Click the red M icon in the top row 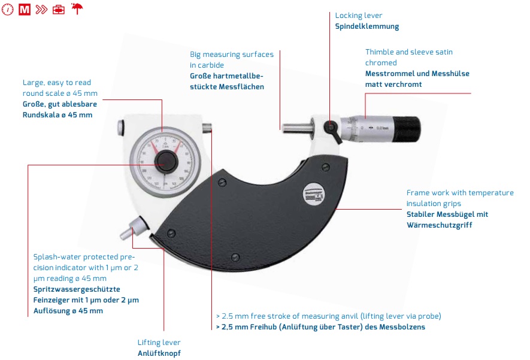[25, 10]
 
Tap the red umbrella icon [77, 9]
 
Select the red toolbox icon [59, 10]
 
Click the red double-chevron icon [41, 10]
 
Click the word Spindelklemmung [367, 26]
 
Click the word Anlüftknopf [159, 353]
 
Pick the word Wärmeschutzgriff [439, 225]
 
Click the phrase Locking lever [359, 16]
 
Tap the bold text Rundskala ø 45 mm [57, 115]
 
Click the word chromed [381, 63]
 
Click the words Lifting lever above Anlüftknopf [159, 343]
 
